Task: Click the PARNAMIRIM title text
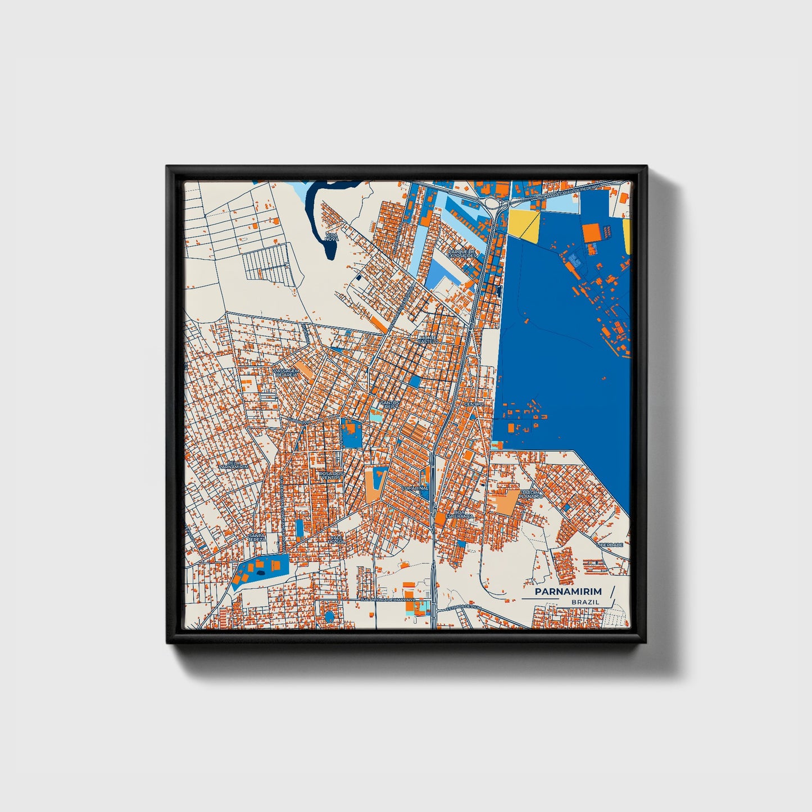coord(568,592)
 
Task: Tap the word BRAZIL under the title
coord(585,602)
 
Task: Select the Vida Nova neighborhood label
coord(332,237)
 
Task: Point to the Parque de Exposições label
coord(462,253)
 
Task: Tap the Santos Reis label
coord(389,405)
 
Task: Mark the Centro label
coord(474,404)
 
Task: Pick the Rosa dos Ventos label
coord(330,475)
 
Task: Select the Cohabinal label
coord(415,489)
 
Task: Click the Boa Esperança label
coord(460,514)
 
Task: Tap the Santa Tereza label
coord(257,537)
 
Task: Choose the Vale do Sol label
coord(337,539)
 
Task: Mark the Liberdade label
coord(610,545)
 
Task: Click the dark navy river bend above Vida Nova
coord(312,202)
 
